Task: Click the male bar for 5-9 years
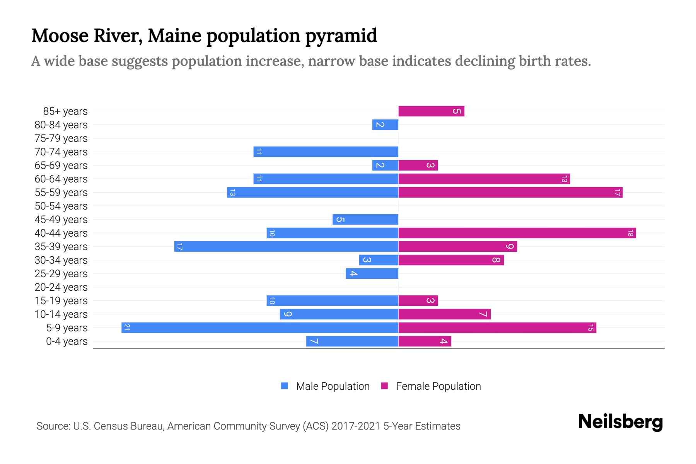tap(260, 328)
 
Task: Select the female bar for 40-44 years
tap(517, 233)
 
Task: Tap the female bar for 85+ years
tap(431, 111)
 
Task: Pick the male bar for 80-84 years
tap(385, 125)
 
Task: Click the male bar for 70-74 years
tap(326, 152)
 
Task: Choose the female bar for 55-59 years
tap(510, 192)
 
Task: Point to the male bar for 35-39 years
tap(286, 246)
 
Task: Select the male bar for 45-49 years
tap(365, 219)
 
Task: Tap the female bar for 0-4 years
tap(425, 341)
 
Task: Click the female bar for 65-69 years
tap(418, 165)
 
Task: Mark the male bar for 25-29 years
tap(372, 273)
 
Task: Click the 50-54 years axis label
tap(61, 206)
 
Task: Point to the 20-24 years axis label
tap(61, 287)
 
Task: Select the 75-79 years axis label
tap(61, 138)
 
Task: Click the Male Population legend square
tap(285, 386)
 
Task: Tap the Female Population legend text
tap(438, 386)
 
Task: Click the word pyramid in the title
tap(341, 36)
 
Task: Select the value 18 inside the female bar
tap(630, 233)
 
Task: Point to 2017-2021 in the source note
tap(356, 426)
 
